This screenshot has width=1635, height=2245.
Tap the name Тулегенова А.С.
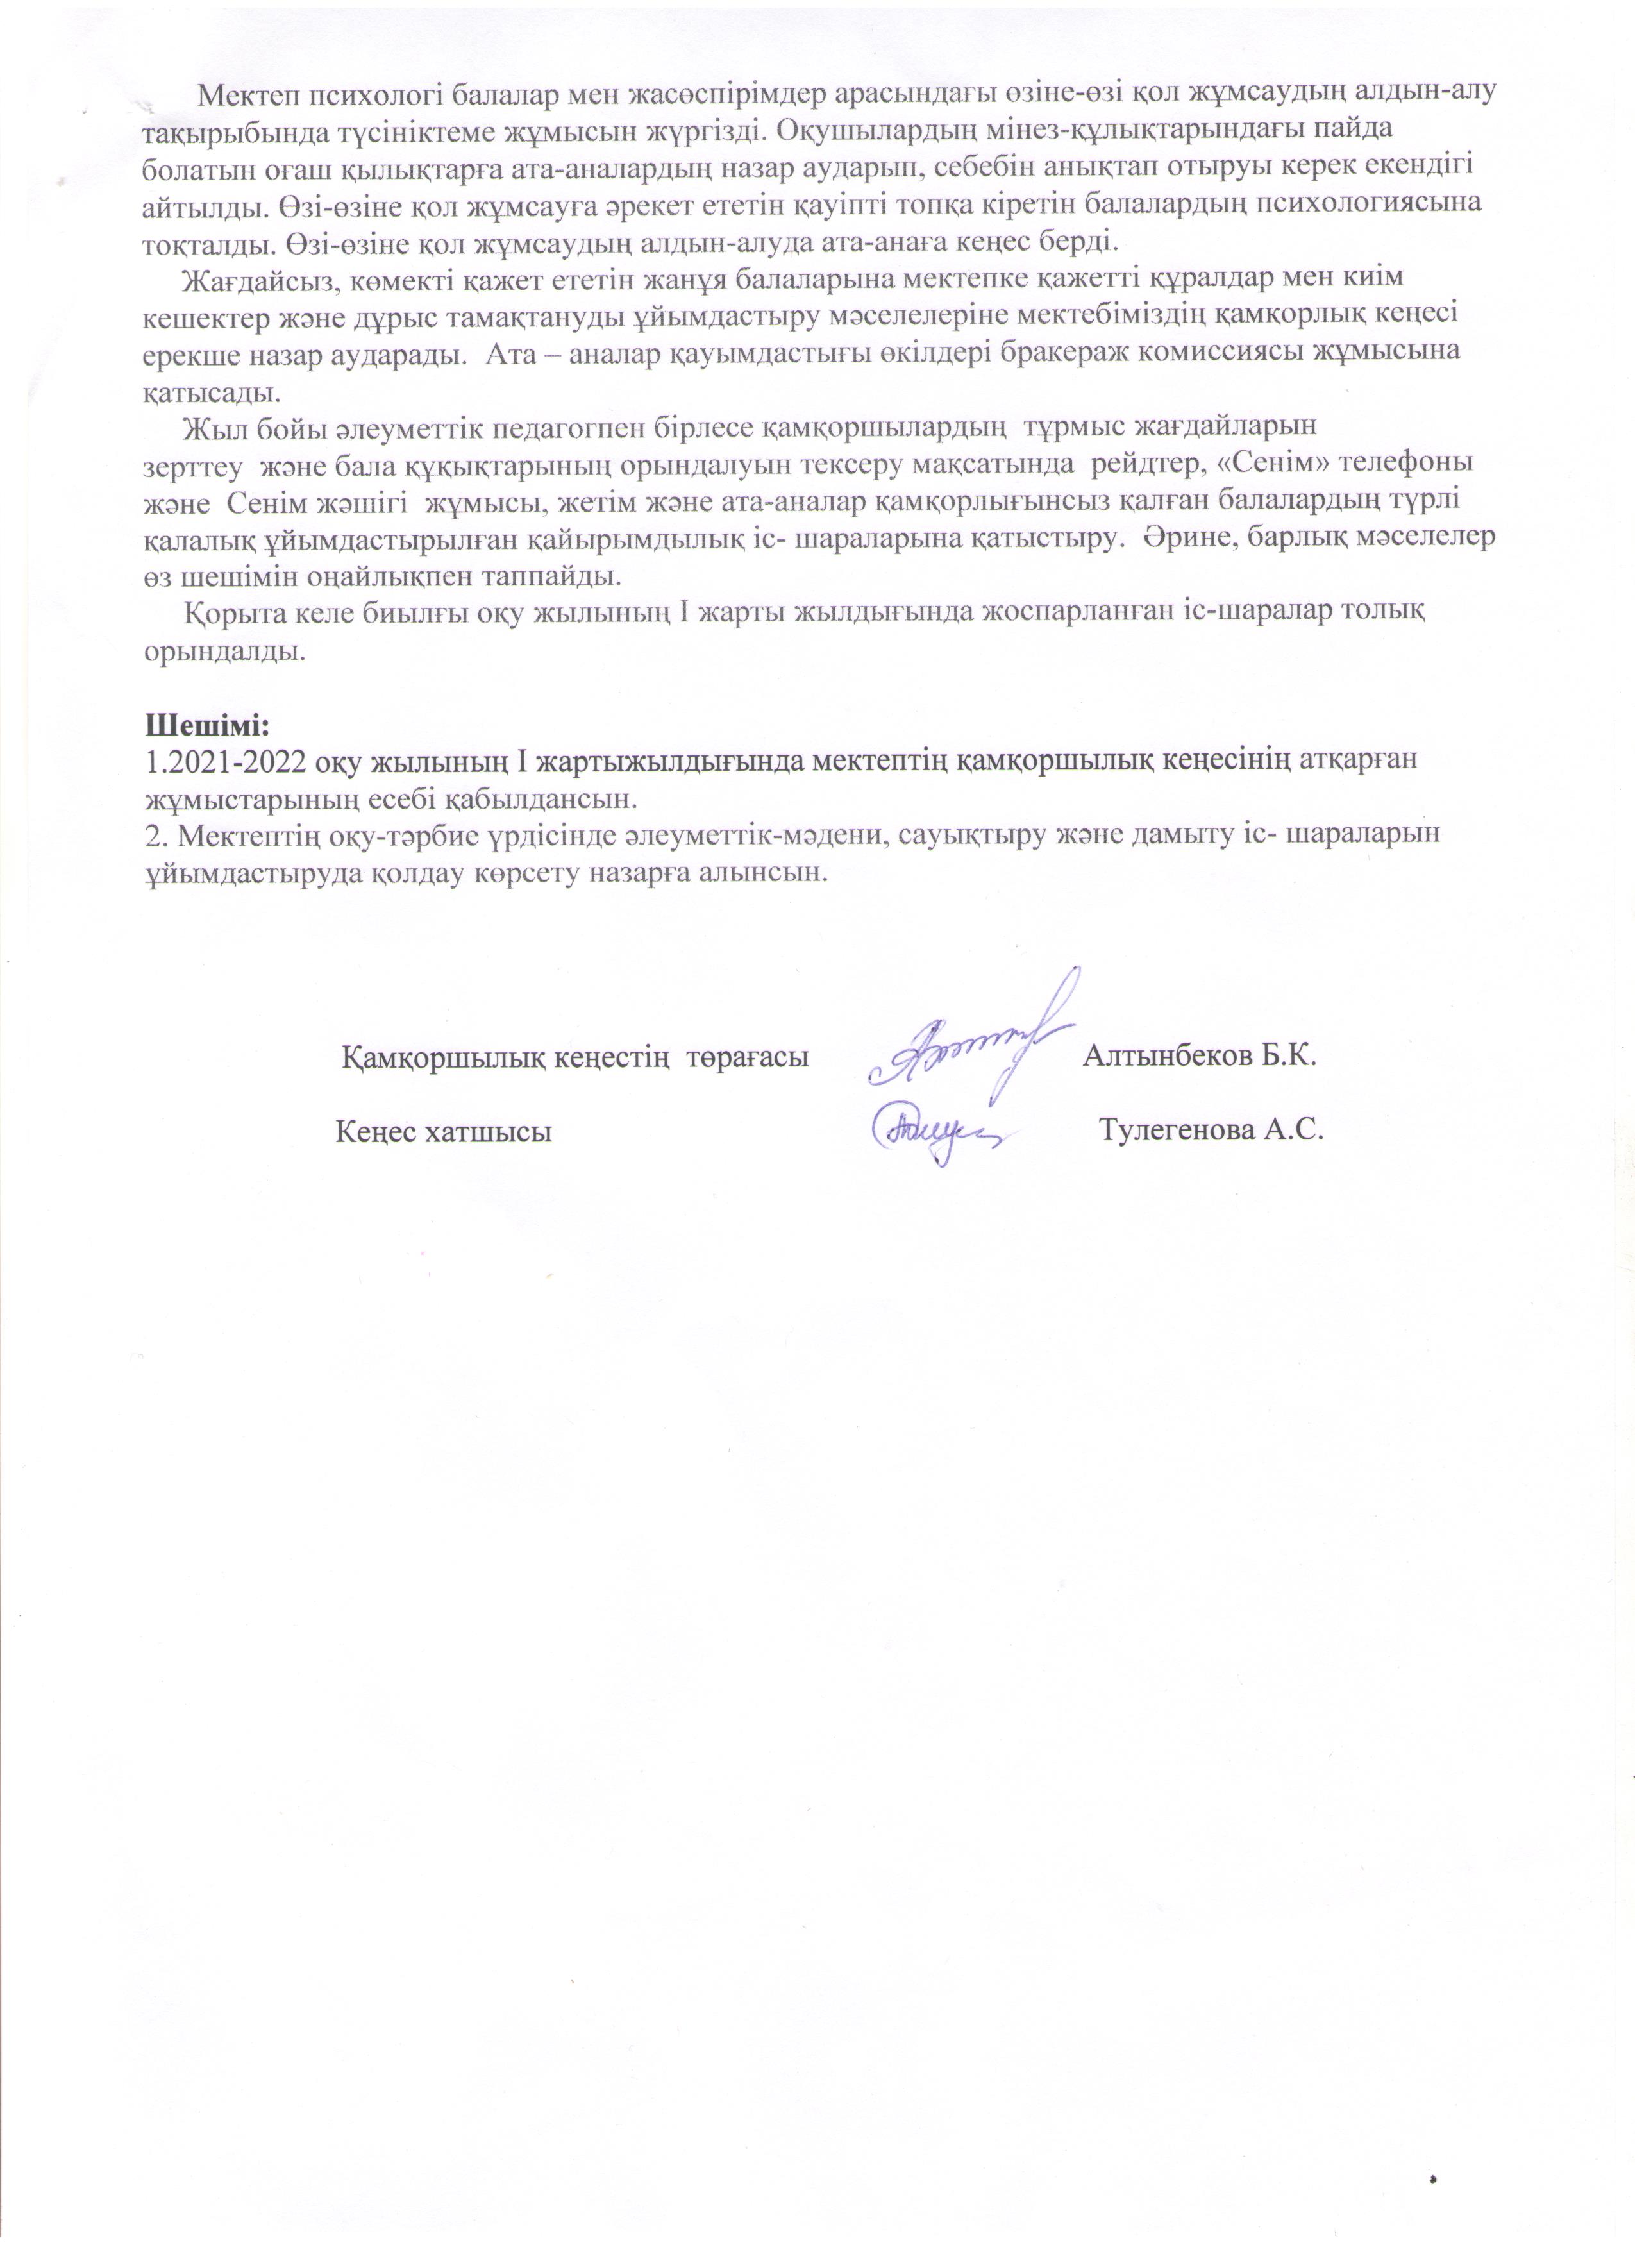pos(1211,1131)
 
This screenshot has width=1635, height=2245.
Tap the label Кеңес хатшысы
pos(444,1131)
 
